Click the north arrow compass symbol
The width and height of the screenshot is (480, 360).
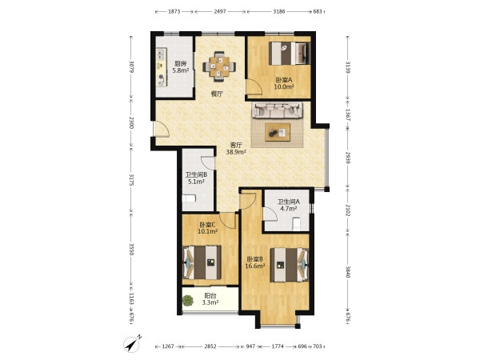132,344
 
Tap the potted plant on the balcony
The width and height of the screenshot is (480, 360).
188,300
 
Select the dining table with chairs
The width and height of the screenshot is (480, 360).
219,66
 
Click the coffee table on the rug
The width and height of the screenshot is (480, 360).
278,132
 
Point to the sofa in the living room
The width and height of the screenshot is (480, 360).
277,110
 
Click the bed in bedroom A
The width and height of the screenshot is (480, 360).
290,54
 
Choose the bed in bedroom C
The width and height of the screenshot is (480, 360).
202,262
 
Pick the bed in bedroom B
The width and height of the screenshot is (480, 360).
290,265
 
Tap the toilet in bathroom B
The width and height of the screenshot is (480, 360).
189,198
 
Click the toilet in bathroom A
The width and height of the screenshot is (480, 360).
297,223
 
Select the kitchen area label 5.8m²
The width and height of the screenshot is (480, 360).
180,70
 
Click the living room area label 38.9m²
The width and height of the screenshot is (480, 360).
236,152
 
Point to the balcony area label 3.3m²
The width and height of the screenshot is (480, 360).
210,302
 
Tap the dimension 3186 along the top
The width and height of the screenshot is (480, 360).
279,12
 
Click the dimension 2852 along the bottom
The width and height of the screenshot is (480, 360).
210,346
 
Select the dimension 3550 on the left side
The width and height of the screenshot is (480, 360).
131,250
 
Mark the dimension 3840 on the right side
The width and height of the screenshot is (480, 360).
348,272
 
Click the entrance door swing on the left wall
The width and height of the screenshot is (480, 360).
162,129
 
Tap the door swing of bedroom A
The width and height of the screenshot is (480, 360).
254,86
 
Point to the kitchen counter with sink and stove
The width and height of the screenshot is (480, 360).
162,67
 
